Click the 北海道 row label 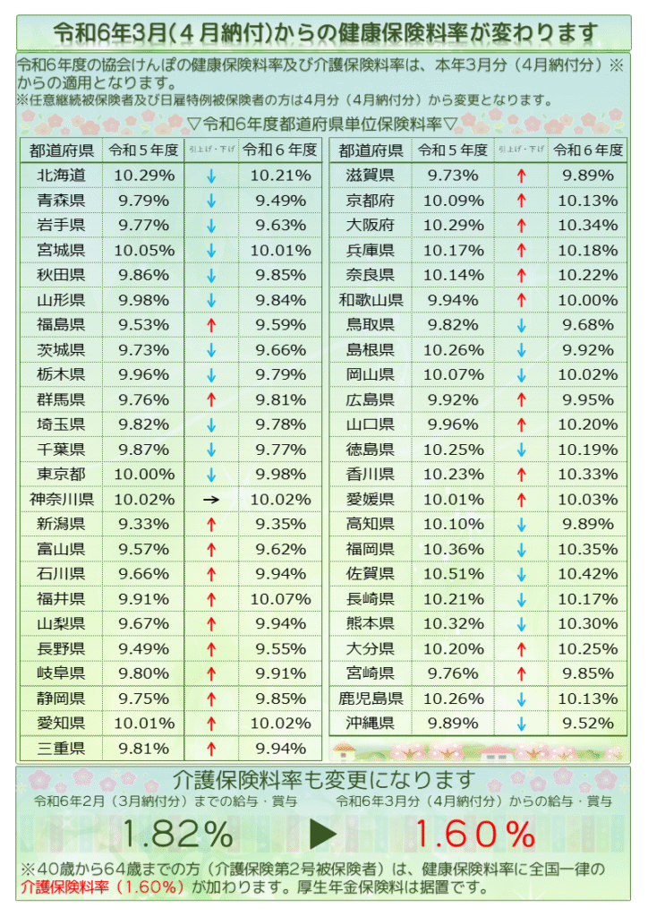point(62,176)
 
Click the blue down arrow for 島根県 point(521,350)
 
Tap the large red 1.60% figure point(475,835)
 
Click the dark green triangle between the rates point(323,835)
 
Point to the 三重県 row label point(62,749)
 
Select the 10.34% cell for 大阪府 point(588,225)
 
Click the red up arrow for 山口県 point(521,424)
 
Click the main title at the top point(324,33)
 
